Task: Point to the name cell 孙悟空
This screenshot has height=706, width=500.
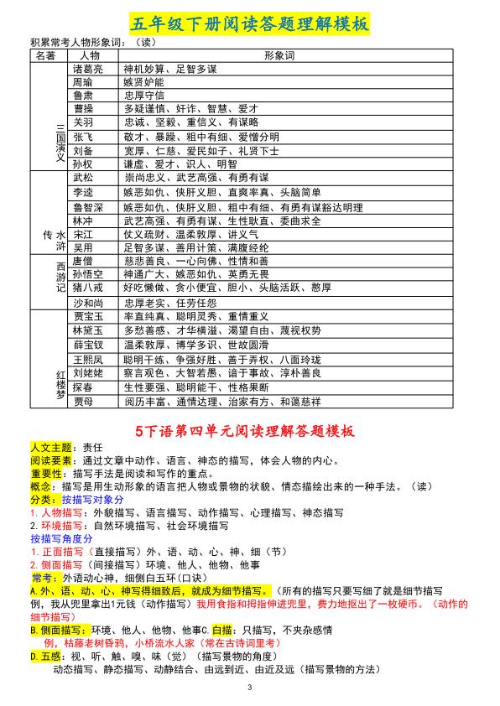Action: point(88,273)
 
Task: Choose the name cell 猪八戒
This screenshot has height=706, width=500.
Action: point(88,287)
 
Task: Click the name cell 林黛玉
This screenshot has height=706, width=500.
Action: point(88,331)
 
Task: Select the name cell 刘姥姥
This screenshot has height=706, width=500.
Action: point(88,372)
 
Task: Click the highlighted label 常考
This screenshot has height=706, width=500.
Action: point(43,578)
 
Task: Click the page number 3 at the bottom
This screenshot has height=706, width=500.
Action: point(249,688)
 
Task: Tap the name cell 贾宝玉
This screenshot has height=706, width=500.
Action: point(88,317)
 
